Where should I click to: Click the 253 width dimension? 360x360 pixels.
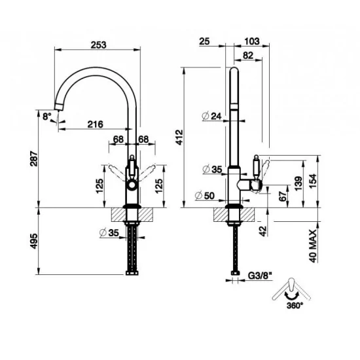(98, 45)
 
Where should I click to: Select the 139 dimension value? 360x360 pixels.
(298, 181)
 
